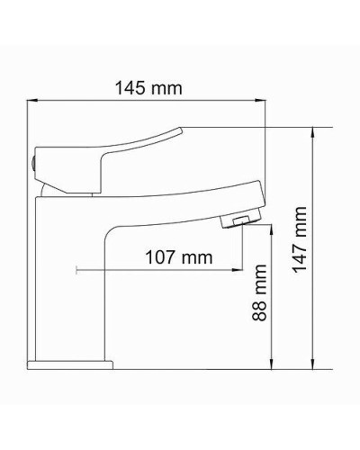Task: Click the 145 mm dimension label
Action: point(148,88)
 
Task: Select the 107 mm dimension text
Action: point(178,257)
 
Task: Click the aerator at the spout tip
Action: point(240,220)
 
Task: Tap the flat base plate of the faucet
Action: point(70,364)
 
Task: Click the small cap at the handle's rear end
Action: point(32,162)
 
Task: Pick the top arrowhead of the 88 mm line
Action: point(271,229)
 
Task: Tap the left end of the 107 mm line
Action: point(78,268)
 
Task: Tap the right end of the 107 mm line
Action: point(241,268)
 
